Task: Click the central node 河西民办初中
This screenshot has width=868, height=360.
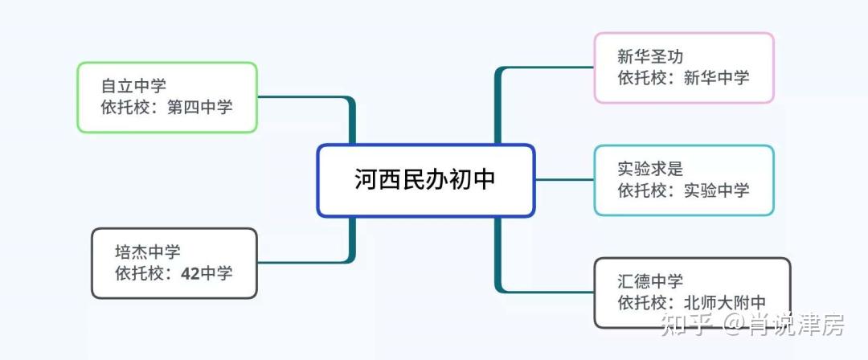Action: click(x=425, y=180)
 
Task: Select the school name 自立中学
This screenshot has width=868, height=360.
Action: click(x=133, y=85)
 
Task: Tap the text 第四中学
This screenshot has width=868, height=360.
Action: click(x=200, y=106)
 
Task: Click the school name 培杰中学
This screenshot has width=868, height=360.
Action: click(x=148, y=252)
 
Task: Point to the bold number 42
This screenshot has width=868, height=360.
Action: click(x=190, y=273)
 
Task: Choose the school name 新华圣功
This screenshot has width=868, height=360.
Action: click(x=650, y=56)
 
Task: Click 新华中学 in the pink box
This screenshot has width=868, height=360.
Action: click(x=716, y=77)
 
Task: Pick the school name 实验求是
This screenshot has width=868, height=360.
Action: click(x=650, y=169)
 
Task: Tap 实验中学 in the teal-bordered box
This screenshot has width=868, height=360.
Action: click(x=716, y=190)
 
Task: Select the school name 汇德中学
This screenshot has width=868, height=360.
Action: click(x=650, y=281)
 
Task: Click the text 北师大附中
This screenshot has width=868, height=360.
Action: click(x=724, y=303)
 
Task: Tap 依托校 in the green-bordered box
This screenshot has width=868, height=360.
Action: click(x=125, y=106)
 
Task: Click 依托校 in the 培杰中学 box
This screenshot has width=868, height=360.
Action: click(x=140, y=273)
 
